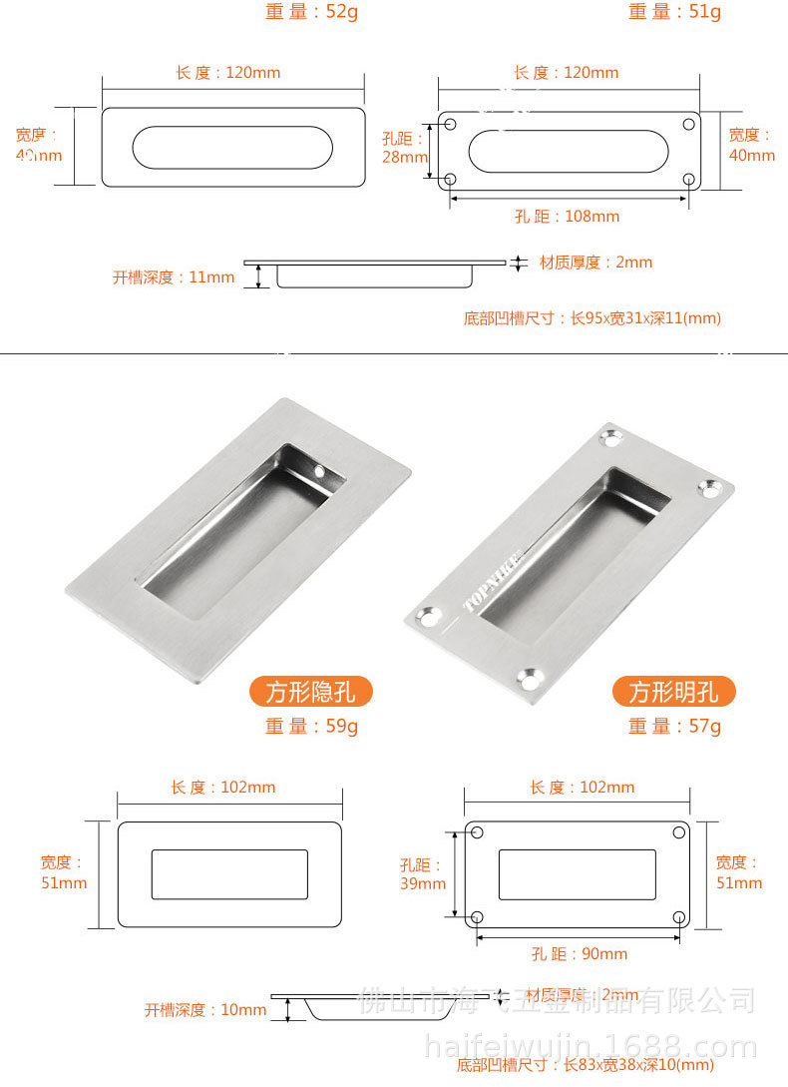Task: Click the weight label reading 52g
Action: tap(311, 12)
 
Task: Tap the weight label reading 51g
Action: tap(674, 12)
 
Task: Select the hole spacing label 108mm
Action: tap(567, 217)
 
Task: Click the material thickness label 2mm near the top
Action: tap(595, 263)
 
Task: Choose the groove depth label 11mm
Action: tap(174, 277)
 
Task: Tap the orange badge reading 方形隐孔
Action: tap(310, 691)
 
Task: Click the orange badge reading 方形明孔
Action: tap(673, 691)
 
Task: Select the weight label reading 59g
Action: tap(311, 727)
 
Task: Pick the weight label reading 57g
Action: tap(674, 727)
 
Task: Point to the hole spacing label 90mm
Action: tap(580, 954)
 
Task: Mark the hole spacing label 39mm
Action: tap(423, 874)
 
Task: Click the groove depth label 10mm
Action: tap(205, 1010)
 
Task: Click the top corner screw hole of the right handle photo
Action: tap(609, 437)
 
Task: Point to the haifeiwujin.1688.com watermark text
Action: tap(591, 1047)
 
